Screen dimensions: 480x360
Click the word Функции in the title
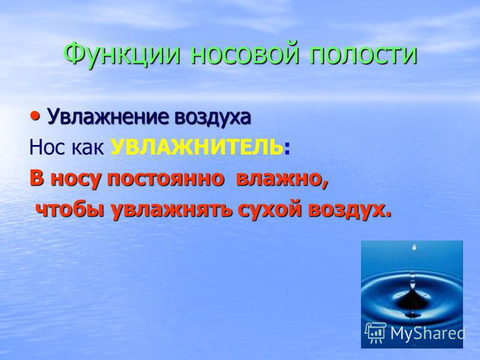point(122,55)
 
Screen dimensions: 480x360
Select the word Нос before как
point(47,147)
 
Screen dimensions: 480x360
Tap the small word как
point(88,148)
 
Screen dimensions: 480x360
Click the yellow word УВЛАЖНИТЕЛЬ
point(197,147)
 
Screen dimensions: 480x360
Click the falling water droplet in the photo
point(415,247)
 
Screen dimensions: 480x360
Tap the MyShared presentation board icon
point(376,332)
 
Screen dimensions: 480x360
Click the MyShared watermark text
point(428,333)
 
